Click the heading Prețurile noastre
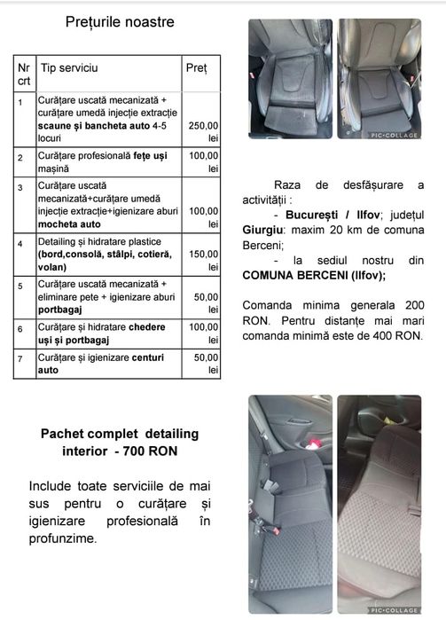tap(120, 21)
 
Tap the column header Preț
tap(196, 67)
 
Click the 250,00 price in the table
tap(203, 126)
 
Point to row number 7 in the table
tap(20, 357)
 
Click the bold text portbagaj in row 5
tap(61, 310)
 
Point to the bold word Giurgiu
tap(263, 230)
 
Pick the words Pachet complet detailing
tap(120, 434)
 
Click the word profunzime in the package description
tap(62, 538)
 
